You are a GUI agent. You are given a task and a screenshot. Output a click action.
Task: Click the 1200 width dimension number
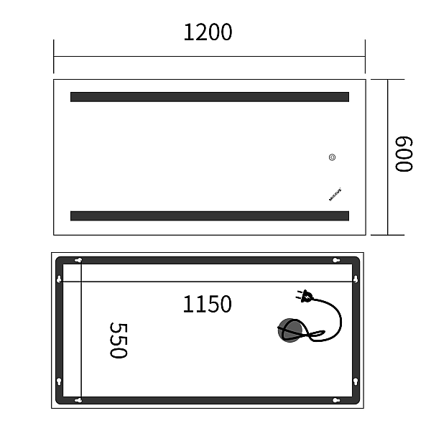pyautogui.click(x=208, y=32)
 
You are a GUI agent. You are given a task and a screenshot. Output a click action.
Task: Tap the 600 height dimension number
pyautogui.click(x=404, y=154)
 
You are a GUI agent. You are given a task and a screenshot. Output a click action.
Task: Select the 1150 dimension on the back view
pyautogui.click(x=207, y=304)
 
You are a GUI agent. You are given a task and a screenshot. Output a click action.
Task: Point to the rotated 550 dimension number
pyautogui.click(x=117, y=340)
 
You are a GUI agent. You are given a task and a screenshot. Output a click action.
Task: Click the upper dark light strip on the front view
pyautogui.click(x=209, y=97)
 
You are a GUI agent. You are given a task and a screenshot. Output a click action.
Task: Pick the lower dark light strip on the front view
pyautogui.click(x=209, y=215)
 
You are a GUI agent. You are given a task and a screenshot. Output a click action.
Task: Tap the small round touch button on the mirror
pyautogui.click(x=332, y=158)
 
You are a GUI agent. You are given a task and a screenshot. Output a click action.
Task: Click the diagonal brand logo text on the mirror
pyautogui.click(x=335, y=195)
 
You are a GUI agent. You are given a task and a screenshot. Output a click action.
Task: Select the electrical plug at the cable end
pyautogui.click(x=305, y=295)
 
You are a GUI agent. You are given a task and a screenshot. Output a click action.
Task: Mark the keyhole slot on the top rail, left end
pyautogui.click(x=78, y=260)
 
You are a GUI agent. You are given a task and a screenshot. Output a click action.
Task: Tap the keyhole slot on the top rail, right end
pyautogui.click(x=335, y=260)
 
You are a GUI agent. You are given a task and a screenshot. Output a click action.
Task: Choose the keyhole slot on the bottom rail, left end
pyautogui.click(x=78, y=400)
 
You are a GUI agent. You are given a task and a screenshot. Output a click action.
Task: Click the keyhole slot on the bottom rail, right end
pyautogui.click(x=335, y=400)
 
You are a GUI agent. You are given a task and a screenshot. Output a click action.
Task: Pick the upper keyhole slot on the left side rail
pyautogui.click(x=59, y=279)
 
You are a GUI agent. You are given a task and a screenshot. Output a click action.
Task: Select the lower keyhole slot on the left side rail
pyautogui.click(x=59, y=381)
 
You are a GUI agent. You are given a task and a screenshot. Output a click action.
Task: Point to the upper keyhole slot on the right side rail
pyautogui.click(x=356, y=279)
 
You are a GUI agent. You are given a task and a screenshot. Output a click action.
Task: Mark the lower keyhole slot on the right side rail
pyautogui.click(x=356, y=381)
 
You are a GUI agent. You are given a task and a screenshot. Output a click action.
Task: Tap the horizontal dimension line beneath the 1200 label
pyautogui.click(x=209, y=57)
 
